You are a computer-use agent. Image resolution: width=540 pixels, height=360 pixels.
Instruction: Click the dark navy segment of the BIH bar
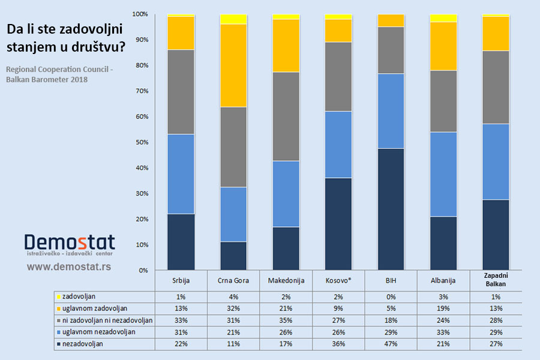point(391,209)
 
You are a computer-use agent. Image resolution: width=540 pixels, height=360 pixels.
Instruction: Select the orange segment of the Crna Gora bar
point(233,65)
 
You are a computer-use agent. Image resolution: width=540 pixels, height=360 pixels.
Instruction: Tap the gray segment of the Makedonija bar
point(286,116)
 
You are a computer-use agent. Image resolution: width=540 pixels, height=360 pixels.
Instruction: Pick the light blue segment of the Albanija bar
point(443,174)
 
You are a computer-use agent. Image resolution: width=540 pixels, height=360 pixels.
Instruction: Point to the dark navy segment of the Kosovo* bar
point(338,224)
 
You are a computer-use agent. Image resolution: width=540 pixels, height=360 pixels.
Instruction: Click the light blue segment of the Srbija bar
point(181,174)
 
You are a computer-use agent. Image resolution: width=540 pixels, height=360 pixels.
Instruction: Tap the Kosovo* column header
point(338,280)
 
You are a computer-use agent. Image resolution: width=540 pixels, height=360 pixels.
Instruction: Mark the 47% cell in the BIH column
point(391,344)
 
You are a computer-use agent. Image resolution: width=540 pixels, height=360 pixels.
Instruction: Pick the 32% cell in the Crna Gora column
point(233,308)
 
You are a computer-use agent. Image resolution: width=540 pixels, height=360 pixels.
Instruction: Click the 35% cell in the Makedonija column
point(286,320)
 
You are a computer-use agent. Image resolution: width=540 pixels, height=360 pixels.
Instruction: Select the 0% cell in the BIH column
point(391,296)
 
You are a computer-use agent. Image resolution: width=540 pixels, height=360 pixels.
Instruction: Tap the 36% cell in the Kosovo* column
point(338,344)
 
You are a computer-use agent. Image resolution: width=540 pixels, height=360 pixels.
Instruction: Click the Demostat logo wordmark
point(70,242)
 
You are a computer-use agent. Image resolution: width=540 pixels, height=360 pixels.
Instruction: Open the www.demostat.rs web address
point(69,265)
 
